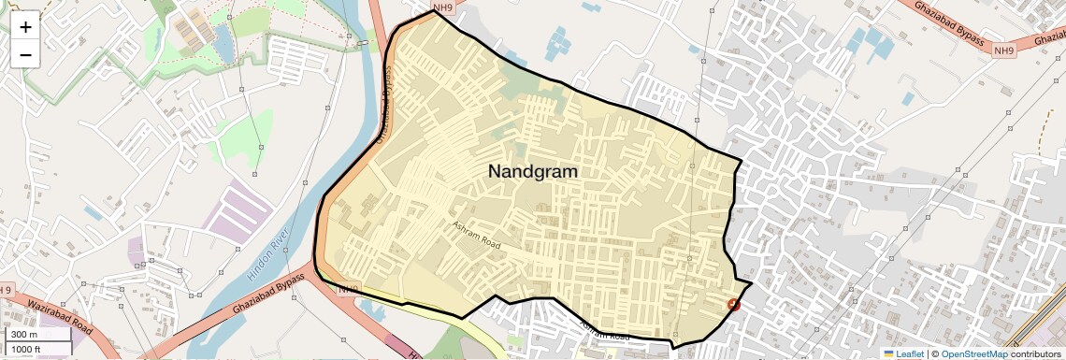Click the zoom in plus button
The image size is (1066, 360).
[25, 26]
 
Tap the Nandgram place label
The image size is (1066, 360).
[533, 172]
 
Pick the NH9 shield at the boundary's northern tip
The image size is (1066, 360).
[443, 7]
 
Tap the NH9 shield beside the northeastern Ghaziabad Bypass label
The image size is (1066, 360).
[1003, 50]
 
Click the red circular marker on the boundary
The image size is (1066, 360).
[733, 305]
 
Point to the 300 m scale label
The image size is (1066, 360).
[23, 335]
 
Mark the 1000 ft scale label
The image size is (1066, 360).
[26, 349]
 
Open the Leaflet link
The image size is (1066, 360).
[910, 353]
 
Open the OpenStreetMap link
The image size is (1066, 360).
[973, 353]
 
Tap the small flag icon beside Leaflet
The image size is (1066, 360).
[888, 353]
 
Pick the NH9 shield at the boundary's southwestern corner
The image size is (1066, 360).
[348, 289]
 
